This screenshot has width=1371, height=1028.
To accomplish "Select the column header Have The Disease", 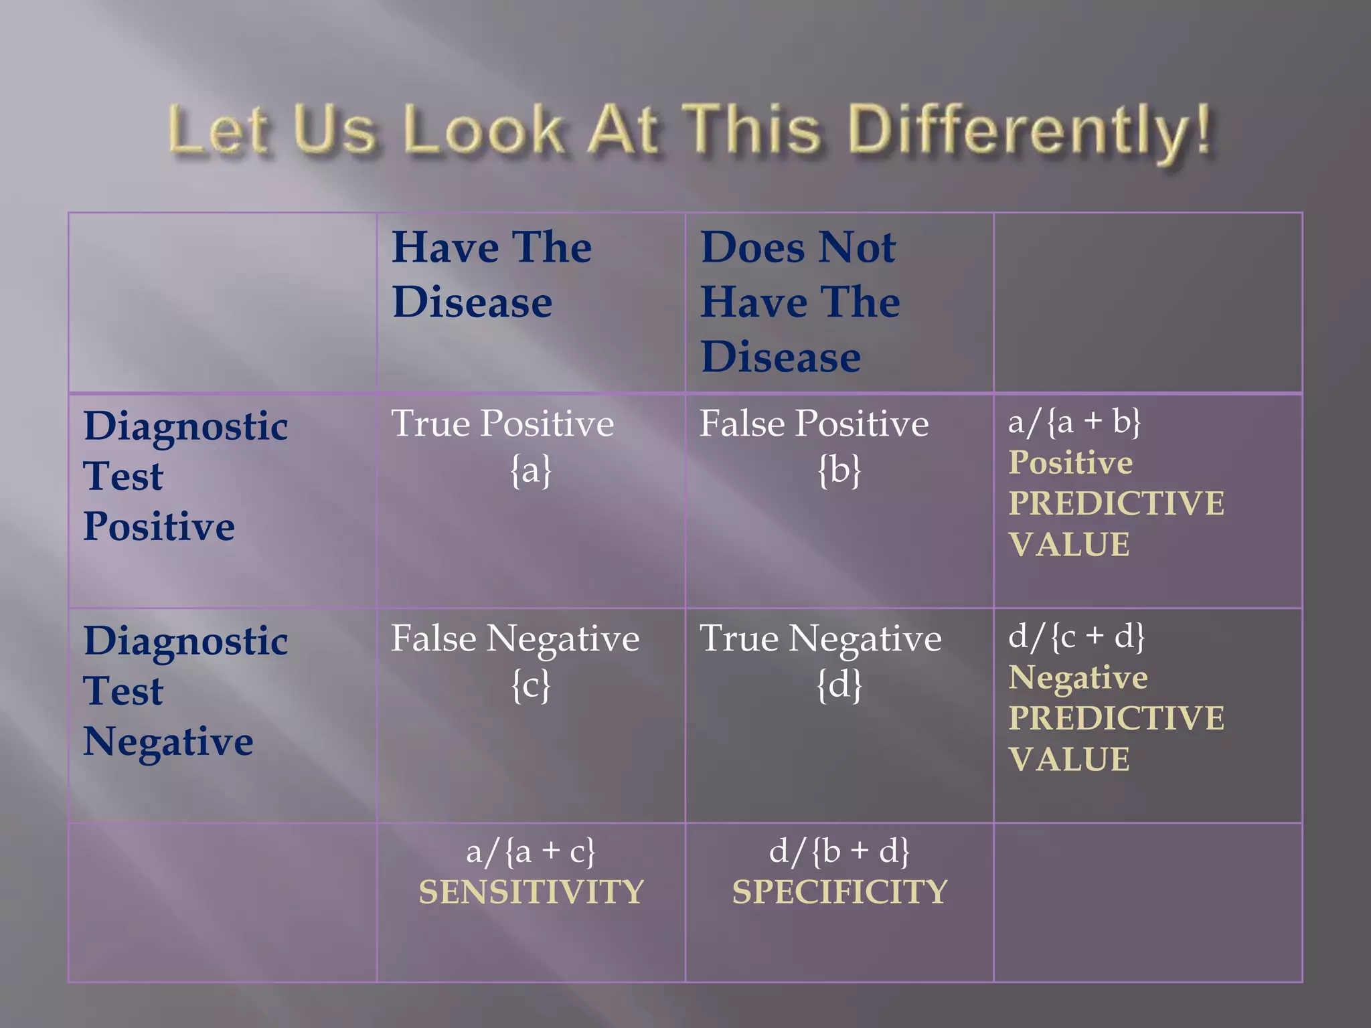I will [x=492, y=274].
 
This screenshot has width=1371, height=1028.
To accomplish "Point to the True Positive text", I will [x=502, y=424].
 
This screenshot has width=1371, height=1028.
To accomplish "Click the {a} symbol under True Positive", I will [x=531, y=470].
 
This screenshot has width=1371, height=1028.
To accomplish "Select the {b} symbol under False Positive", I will [x=839, y=470].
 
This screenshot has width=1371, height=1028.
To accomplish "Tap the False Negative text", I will [x=515, y=638].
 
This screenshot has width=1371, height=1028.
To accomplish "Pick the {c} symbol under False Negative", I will [x=531, y=685].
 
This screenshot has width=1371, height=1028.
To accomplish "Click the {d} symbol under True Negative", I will [x=839, y=685].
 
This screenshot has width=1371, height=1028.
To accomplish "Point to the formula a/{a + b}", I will [x=1074, y=422].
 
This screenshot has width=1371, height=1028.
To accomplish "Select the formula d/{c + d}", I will [x=1076, y=636].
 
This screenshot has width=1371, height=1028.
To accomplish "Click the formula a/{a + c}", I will [x=530, y=851].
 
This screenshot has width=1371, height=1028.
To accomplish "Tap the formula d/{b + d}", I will [x=839, y=851].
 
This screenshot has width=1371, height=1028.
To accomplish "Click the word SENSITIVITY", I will [x=531, y=892].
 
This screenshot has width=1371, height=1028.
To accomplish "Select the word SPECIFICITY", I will [x=839, y=892].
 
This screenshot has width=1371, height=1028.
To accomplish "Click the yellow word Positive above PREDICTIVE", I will [x=1070, y=462].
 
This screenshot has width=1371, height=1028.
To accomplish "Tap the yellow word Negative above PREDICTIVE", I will [x=1078, y=678].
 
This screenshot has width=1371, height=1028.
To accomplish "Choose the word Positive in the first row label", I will [x=159, y=527].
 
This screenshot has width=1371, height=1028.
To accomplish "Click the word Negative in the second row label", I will [x=168, y=742].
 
